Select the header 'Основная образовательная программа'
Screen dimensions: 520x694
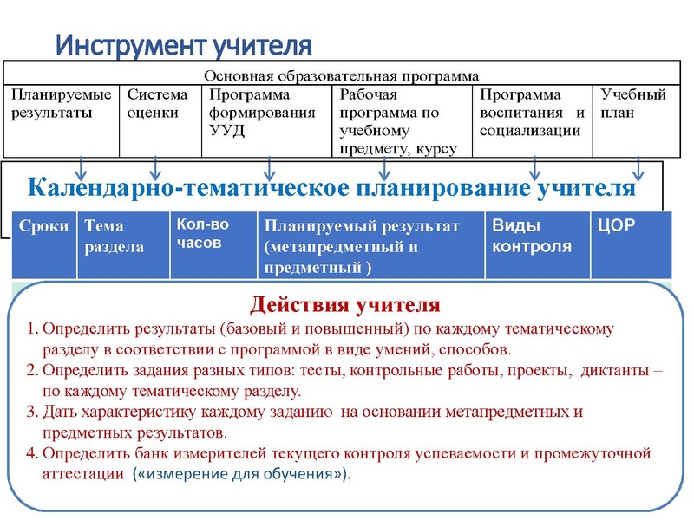pos(342,75)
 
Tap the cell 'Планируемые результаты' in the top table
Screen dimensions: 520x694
pos(61,104)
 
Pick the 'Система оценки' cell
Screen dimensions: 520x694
pos(157,104)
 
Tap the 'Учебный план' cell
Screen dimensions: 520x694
pos(633,104)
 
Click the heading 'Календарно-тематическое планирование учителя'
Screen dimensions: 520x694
pos(332,187)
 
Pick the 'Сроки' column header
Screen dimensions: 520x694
pos(43,226)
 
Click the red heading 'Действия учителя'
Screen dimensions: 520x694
pos(345,305)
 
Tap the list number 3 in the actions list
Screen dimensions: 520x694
pos(31,412)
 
